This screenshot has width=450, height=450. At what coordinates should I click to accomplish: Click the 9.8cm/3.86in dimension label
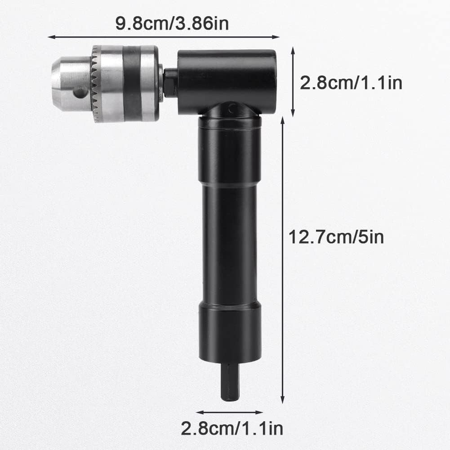(x=172, y=23)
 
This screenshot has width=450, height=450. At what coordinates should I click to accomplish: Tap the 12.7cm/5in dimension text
(x=336, y=237)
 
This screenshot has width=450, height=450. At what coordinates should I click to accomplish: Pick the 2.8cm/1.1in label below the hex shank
(x=232, y=428)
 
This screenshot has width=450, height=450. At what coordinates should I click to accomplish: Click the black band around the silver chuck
(x=132, y=83)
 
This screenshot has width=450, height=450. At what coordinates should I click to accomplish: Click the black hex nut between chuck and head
(x=170, y=83)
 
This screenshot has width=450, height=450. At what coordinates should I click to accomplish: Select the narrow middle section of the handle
(x=229, y=244)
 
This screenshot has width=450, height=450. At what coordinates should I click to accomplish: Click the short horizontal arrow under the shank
(x=229, y=412)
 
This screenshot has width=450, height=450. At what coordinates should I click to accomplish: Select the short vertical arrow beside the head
(x=293, y=82)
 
